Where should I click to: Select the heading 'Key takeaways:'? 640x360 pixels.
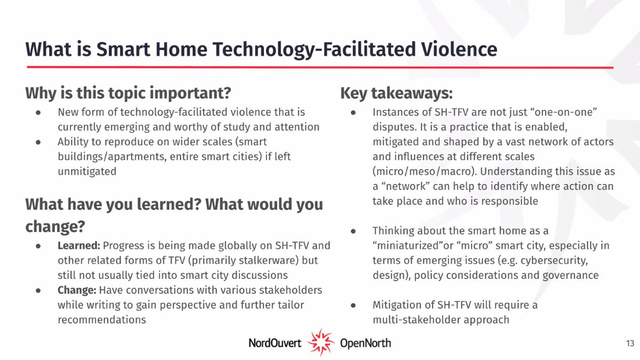point(396,93)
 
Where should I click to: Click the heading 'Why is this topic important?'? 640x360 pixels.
point(128,93)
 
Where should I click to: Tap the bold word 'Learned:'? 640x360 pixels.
point(78,246)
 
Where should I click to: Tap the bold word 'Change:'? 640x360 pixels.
point(77,290)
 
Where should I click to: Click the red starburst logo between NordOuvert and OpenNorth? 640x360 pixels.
point(321,342)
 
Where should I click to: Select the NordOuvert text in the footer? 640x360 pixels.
point(275,342)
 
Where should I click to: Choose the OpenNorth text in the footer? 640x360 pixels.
point(365,342)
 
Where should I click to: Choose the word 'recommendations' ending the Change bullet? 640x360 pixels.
point(102,320)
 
